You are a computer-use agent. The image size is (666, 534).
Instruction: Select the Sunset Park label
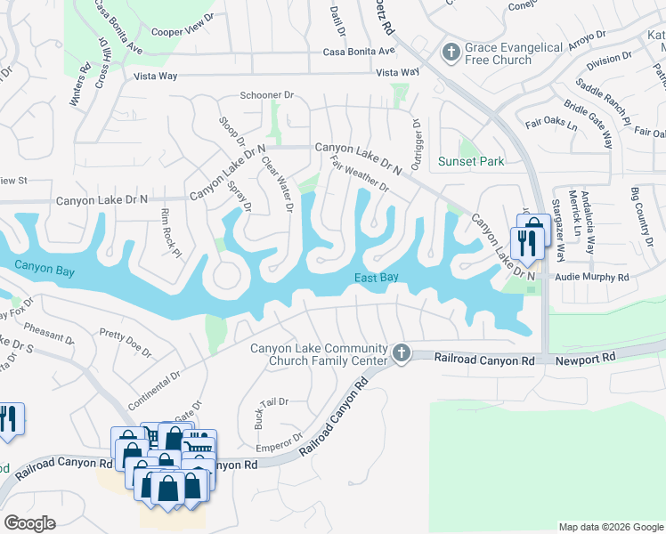[x=471, y=161]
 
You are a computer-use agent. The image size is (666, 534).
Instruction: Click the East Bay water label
[x=376, y=278]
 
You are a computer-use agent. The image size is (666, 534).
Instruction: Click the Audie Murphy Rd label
[x=591, y=278]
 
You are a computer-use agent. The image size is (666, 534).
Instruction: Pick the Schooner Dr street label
[x=267, y=95]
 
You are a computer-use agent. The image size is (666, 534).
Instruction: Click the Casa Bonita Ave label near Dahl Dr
[x=357, y=53]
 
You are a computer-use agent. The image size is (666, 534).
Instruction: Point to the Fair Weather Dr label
[x=359, y=174]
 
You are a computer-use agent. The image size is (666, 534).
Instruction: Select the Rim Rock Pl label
[x=168, y=234]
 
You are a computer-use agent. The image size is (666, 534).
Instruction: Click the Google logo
[x=30, y=523]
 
